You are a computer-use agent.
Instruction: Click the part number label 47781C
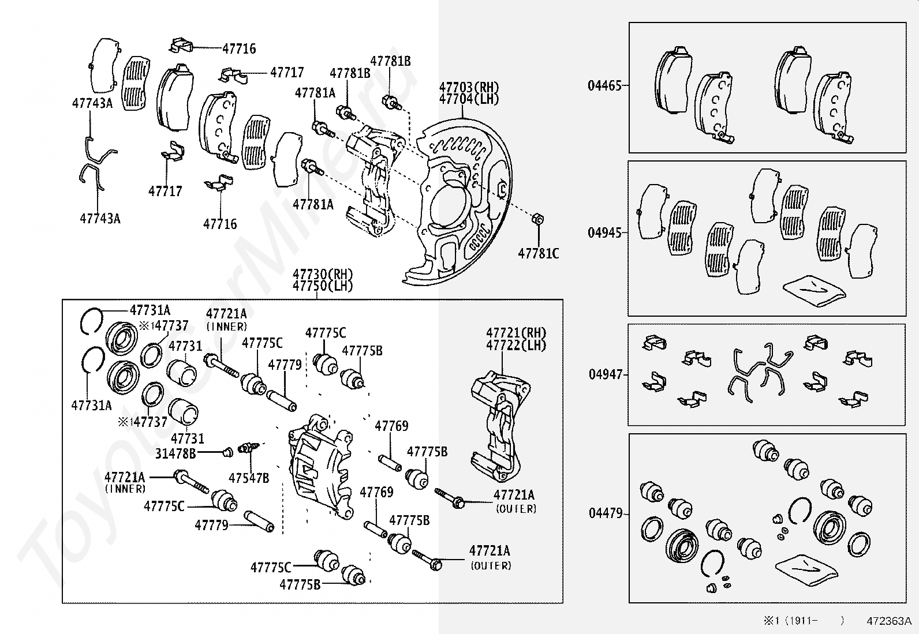point(538,253)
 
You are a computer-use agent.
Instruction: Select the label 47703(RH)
point(469,87)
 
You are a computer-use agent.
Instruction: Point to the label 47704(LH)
point(469,99)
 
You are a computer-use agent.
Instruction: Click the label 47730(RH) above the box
point(323,274)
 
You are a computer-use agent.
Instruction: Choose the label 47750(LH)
point(323,286)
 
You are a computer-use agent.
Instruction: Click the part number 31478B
point(175,453)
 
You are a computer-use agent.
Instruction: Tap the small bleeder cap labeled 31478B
point(227,452)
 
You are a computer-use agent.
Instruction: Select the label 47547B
point(249,478)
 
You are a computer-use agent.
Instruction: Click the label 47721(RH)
point(516,333)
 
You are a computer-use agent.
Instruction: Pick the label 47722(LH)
point(516,346)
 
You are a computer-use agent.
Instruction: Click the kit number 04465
point(605,86)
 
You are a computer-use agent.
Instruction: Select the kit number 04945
point(605,232)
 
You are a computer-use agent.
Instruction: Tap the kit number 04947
point(606,374)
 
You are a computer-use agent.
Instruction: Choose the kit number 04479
point(606,513)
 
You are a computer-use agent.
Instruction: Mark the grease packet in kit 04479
point(806,569)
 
